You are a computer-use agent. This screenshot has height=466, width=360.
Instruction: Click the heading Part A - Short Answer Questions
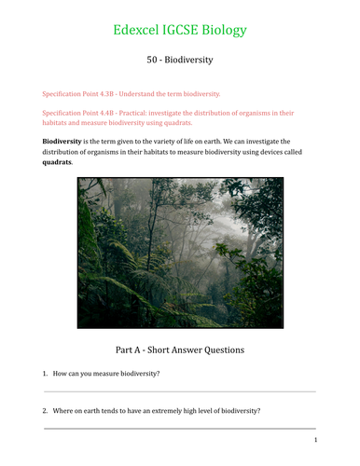tap(179, 350)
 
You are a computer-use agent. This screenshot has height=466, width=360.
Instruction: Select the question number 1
tap(45, 374)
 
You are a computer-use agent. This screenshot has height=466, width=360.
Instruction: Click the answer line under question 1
tap(179, 392)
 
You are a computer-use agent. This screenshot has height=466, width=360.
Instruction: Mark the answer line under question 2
tap(179, 429)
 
